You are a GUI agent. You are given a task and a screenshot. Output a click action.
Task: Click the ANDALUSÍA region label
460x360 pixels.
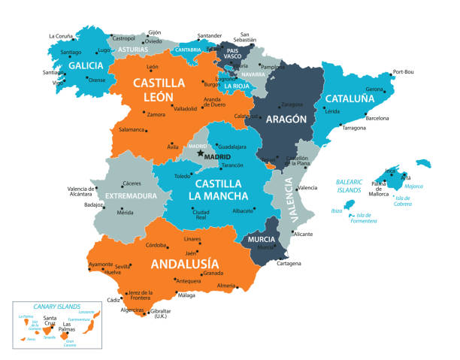pos(184,264)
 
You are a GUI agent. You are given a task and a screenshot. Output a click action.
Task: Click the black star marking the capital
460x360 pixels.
pos(200,153)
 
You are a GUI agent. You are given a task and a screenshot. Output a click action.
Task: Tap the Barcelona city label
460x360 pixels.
pos(377,118)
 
